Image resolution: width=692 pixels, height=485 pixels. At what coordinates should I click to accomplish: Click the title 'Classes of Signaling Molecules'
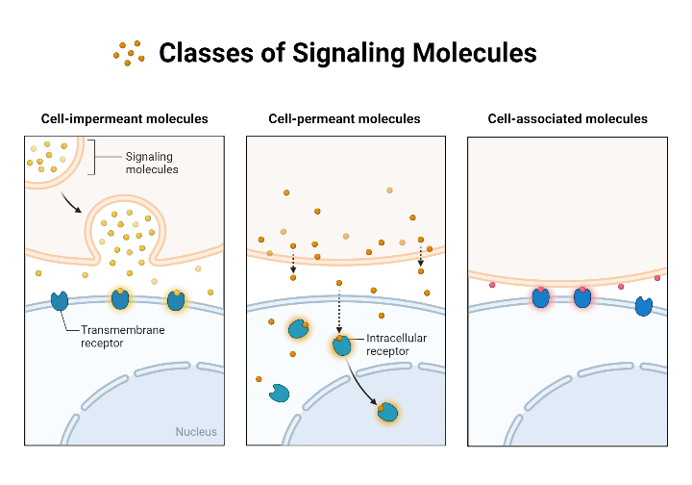click(x=347, y=52)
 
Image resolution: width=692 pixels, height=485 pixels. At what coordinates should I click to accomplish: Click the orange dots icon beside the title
click(x=129, y=52)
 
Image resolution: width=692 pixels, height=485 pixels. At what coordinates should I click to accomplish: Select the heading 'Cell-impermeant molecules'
click(x=124, y=119)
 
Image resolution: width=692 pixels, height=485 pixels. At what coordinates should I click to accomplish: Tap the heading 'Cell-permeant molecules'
click(x=345, y=119)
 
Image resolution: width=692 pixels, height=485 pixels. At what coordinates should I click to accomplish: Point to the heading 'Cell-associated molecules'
click(x=567, y=119)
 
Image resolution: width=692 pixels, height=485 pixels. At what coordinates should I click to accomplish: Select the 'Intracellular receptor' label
click(x=395, y=345)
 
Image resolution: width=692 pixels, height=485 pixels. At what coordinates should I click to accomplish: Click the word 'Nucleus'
click(x=196, y=431)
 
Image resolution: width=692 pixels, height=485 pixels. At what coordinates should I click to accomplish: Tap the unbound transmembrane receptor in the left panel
click(x=60, y=300)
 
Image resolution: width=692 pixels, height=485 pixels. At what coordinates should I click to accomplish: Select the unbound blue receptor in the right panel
click(x=643, y=307)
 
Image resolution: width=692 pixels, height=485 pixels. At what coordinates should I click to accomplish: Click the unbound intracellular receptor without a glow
click(x=280, y=393)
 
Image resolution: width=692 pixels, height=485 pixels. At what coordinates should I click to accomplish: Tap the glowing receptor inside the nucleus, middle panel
click(x=387, y=413)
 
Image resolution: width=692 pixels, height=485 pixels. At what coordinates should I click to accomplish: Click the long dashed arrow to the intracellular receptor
click(x=339, y=308)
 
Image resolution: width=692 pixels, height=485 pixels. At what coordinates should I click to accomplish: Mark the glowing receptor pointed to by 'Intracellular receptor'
click(x=342, y=345)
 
